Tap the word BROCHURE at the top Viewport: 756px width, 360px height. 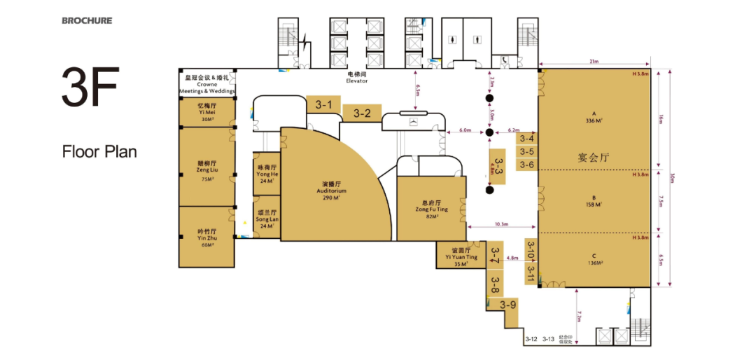point(86,20)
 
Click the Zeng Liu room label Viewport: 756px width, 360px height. point(206,170)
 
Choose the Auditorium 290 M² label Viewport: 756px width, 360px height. point(331,191)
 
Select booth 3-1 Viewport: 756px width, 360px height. point(323,105)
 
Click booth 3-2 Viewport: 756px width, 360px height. point(362,113)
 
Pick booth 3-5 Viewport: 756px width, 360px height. point(527,151)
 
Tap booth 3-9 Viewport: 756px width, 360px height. point(508,305)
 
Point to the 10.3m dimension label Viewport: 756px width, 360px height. point(500,224)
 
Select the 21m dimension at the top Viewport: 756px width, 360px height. point(594,62)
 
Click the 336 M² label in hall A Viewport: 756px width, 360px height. point(594,120)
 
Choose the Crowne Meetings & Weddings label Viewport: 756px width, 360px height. point(206,85)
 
